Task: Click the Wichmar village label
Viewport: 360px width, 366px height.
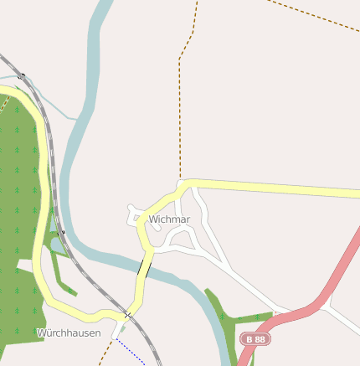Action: coord(169,219)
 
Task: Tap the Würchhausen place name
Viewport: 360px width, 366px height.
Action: coord(69,332)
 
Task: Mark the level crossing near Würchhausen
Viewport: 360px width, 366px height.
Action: coord(127,315)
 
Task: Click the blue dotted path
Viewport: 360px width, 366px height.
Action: coord(134,352)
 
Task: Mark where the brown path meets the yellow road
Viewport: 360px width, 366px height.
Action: coord(180,181)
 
